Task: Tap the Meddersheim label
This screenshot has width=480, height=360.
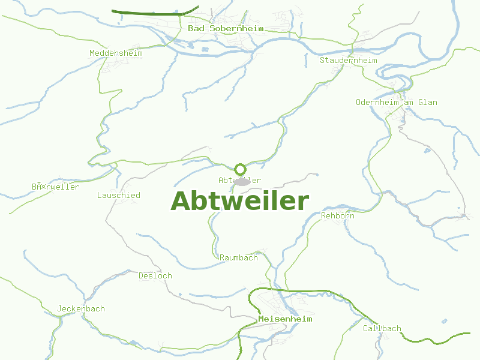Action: (x=116, y=53)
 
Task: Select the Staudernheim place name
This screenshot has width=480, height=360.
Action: (x=348, y=60)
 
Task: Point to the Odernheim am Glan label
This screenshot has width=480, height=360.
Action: (x=396, y=102)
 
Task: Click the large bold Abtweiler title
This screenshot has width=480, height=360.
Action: (x=240, y=201)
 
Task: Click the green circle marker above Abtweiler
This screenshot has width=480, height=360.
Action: (x=240, y=169)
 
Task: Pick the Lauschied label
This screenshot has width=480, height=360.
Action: (x=119, y=195)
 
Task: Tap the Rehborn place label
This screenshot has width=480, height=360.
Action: (x=338, y=215)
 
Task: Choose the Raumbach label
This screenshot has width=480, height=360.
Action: (x=239, y=257)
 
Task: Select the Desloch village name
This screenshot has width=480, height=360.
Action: (x=155, y=275)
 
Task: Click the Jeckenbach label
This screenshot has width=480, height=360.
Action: (x=81, y=309)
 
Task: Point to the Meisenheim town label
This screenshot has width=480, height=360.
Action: (x=285, y=319)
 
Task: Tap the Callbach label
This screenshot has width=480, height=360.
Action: (x=382, y=328)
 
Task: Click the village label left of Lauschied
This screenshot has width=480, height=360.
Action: (x=55, y=187)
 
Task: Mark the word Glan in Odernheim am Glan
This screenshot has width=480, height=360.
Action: (x=428, y=102)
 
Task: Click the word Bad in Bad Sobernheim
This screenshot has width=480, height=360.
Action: (x=195, y=28)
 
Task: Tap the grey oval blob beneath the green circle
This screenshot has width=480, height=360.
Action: (x=242, y=181)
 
